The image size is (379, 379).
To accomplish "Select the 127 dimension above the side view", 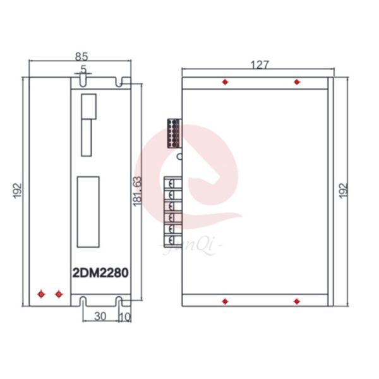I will pos(260,64).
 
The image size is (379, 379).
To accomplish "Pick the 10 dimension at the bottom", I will pos(124,316).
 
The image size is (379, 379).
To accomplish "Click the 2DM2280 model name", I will pos(102,274).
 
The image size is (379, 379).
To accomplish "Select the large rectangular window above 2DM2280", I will pos(88,212).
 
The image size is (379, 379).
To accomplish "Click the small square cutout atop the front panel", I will pos(89,105).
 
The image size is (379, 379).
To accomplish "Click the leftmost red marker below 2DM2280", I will pos(42,294).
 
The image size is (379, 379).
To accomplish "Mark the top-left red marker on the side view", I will pos(226,83).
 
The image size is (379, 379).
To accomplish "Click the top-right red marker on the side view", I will pos(296,83).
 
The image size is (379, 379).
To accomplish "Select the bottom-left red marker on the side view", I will pos(226,301).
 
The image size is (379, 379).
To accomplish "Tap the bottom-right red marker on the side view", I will pos(296,301).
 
